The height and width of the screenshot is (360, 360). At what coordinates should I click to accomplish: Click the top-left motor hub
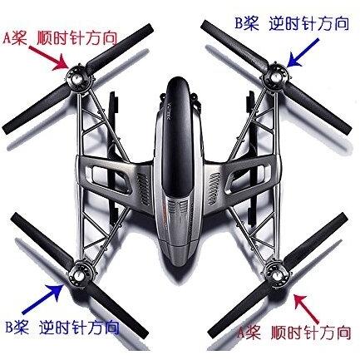pos(79,77)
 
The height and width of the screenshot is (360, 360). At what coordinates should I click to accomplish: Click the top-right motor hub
pos(275,76)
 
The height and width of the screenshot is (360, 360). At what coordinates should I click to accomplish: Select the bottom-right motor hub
pos(276,275)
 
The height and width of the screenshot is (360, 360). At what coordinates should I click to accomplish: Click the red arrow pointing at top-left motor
pos(49,58)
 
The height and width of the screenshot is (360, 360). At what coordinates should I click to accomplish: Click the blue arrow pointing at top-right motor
pos(303,53)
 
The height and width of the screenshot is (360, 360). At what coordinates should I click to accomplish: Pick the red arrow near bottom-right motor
pos(307,308)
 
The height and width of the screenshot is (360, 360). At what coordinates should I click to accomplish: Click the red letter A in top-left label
pos(8,37)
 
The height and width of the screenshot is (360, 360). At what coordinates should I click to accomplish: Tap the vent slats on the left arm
pos(144,190)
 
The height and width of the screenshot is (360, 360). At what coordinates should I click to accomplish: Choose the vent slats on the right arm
pos(215,190)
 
